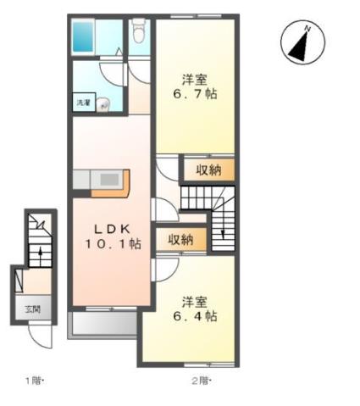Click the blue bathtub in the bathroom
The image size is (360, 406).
pos(86,37)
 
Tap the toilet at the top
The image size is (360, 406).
pos(139,32)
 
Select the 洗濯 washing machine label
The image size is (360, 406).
pos(83,103)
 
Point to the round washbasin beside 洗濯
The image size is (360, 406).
pos(102,105)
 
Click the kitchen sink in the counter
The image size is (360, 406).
pos(110,181)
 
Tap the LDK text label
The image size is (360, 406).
pos(111,229)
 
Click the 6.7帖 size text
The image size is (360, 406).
pos(196,93)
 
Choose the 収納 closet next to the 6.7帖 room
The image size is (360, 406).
pos(208,170)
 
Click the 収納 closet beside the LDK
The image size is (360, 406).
pos(180,240)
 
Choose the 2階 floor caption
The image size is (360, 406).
pos(200,380)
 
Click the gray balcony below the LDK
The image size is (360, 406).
pos(103,324)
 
